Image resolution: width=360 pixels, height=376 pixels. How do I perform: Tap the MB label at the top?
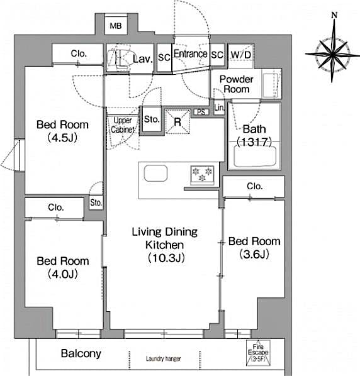pyautogui.click(x=115, y=26)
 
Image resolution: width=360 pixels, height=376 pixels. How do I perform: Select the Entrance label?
pyautogui.click(x=190, y=55)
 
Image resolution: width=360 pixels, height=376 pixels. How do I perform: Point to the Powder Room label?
pyautogui.click(x=236, y=84)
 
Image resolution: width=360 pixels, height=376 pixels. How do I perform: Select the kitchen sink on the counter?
pyautogui.click(x=156, y=173)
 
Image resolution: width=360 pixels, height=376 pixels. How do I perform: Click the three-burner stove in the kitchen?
pyautogui.click(x=202, y=174)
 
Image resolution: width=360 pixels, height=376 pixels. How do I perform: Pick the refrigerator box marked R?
pyautogui.click(x=177, y=122)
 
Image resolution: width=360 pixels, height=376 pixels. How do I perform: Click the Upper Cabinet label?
pyautogui.click(x=123, y=124)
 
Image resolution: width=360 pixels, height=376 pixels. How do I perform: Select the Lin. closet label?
pyautogui.click(x=218, y=109)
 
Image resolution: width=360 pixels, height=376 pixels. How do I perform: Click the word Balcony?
pyautogui.click(x=81, y=353)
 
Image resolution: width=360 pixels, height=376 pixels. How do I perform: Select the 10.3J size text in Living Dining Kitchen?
pyautogui.click(x=166, y=257)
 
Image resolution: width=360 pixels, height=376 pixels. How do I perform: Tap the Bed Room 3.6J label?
pyautogui.click(x=254, y=247)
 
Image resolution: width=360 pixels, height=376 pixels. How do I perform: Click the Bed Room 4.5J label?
pyautogui.click(x=62, y=130)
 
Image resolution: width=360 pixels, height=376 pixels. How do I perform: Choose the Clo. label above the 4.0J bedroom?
pyautogui.click(x=55, y=207)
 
